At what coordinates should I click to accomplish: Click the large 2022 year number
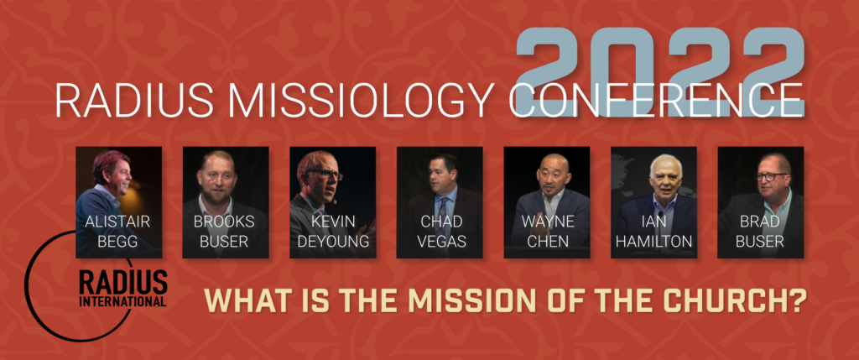point(660,72)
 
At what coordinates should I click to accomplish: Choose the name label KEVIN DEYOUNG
point(332,232)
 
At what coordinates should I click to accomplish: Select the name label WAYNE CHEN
point(547,232)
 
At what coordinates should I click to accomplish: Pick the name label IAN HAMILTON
point(653,232)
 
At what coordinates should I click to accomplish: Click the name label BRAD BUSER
point(760,232)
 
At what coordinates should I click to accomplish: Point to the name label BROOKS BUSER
point(225,232)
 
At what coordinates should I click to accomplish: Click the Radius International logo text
point(122,289)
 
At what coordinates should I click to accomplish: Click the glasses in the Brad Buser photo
point(772,176)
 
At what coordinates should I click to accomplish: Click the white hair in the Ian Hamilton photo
point(666,162)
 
